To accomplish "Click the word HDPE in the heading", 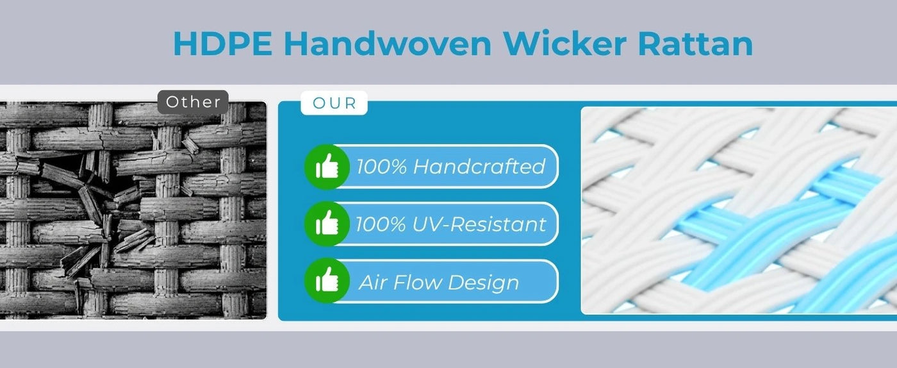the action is click(223, 44).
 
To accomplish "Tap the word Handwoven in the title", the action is click(388, 44).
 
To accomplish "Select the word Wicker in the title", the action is click(564, 44).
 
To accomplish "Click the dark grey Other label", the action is click(193, 102).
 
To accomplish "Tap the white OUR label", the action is click(334, 103).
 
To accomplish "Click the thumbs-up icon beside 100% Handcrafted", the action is click(327, 166).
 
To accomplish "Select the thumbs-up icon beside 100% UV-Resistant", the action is click(327, 224).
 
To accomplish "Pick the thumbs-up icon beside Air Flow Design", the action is click(327, 281).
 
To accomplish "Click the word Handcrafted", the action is click(479, 166).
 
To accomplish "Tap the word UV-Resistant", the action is click(479, 224).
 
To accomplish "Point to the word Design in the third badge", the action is click(483, 283).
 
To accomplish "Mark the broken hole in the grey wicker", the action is click(100, 188).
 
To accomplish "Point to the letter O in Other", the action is click(172, 102).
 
